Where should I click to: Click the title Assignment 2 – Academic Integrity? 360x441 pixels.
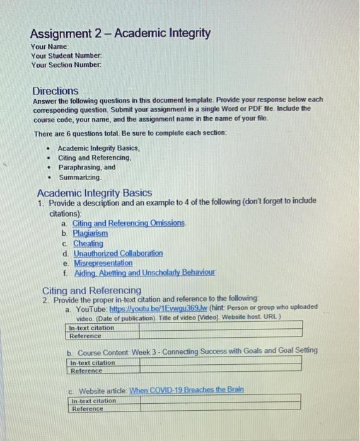point(120,33)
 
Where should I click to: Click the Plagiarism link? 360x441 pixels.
point(90,234)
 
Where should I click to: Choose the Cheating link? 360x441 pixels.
point(88,243)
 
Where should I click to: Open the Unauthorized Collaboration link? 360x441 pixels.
point(117,253)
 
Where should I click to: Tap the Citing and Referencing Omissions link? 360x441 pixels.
point(129,224)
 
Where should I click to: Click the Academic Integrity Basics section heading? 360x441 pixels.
point(94,193)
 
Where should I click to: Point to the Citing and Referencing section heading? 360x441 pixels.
point(91,290)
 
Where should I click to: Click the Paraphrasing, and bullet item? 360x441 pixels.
point(87,168)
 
